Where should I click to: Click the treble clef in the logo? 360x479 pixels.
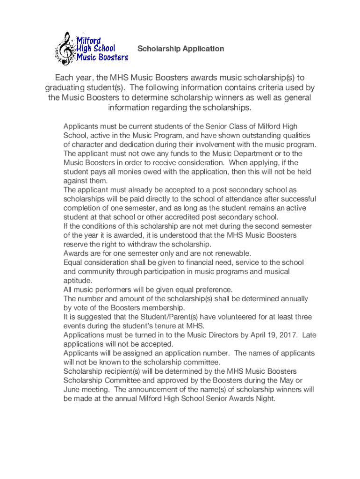64,48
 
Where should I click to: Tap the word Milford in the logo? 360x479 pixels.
89,39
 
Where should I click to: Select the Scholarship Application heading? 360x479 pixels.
180,49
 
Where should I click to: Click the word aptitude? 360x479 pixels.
78,281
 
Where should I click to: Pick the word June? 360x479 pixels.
72,390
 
